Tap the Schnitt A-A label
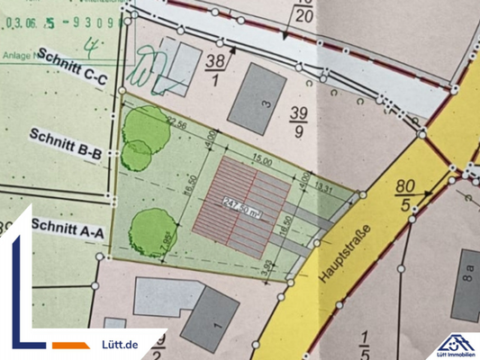click(x=68, y=227)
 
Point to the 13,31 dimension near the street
click(x=326, y=190)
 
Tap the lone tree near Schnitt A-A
click(x=148, y=232)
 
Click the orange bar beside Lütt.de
click(x=70, y=345)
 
